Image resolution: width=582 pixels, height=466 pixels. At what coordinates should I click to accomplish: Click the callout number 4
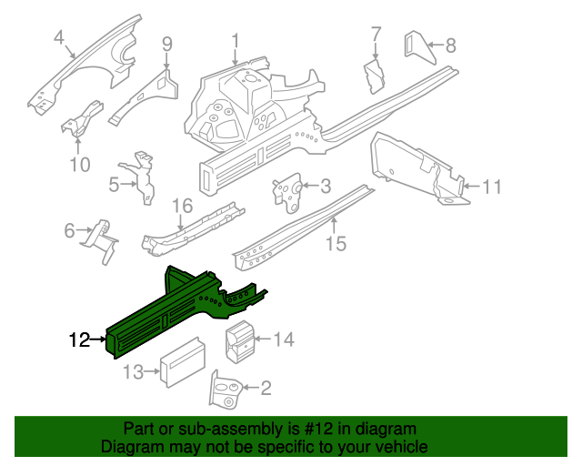pyautogui.click(x=59, y=37)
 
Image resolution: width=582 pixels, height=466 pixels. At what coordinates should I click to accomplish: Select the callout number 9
pyautogui.click(x=166, y=43)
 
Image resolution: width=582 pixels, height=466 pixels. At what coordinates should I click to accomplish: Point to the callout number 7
pyautogui.click(x=376, y=35)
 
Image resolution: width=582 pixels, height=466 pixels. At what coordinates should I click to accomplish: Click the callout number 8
pyautogui.click(x=449, y=46)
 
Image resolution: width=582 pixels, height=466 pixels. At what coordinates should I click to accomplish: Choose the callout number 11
pyautogui.click(x=491, y=187)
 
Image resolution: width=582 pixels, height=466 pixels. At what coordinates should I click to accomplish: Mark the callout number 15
pyautogui.click(x=336, y=243)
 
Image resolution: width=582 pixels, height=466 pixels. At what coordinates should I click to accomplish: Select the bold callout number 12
pyautogui.click(x=79, y=340)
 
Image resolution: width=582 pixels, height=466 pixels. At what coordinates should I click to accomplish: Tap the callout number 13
pyautogui.click(x=134, y=371)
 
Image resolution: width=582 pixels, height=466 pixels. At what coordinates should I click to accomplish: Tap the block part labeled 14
pyautogui.click(x=240, y=341)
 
